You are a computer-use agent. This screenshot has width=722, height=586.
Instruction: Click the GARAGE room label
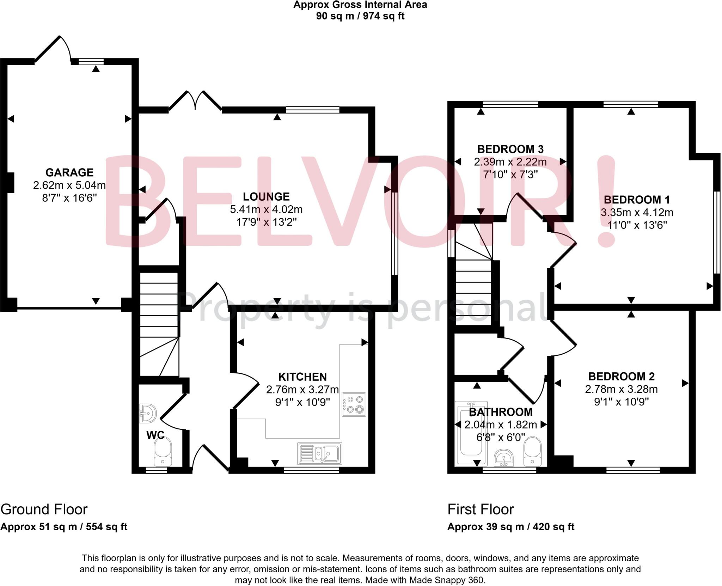[69, 172]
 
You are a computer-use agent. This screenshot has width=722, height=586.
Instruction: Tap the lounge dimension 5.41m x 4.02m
[266, 209]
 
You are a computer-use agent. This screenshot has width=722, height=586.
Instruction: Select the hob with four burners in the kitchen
[354, 404]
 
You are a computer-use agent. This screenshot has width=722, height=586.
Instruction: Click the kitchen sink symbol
[320, 453]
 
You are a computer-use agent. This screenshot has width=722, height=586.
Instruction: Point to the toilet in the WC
[163, 451]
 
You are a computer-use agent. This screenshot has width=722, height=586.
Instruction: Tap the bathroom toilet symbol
[532, 451]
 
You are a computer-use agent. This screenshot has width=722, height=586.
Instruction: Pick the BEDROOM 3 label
[510, 149]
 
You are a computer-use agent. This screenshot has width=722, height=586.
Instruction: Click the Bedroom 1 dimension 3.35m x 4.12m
[637, 213]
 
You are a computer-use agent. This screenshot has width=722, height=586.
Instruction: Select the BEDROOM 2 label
[621, 377]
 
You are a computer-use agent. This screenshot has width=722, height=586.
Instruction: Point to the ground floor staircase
[159, 324]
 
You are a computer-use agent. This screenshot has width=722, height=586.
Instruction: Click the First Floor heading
[481, 509]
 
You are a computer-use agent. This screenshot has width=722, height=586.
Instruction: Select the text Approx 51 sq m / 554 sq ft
[64, 527]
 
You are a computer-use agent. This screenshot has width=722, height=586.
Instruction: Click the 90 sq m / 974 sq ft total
[360, 16]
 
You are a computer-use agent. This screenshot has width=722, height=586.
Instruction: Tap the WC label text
[155, 435]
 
